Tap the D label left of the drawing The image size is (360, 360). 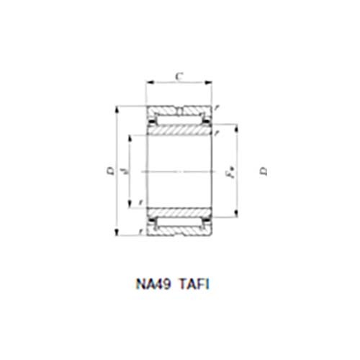(x=109, y=171)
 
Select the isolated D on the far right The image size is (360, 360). (x=264, y=171)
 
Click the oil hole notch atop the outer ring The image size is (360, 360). (x=180, y=110)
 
